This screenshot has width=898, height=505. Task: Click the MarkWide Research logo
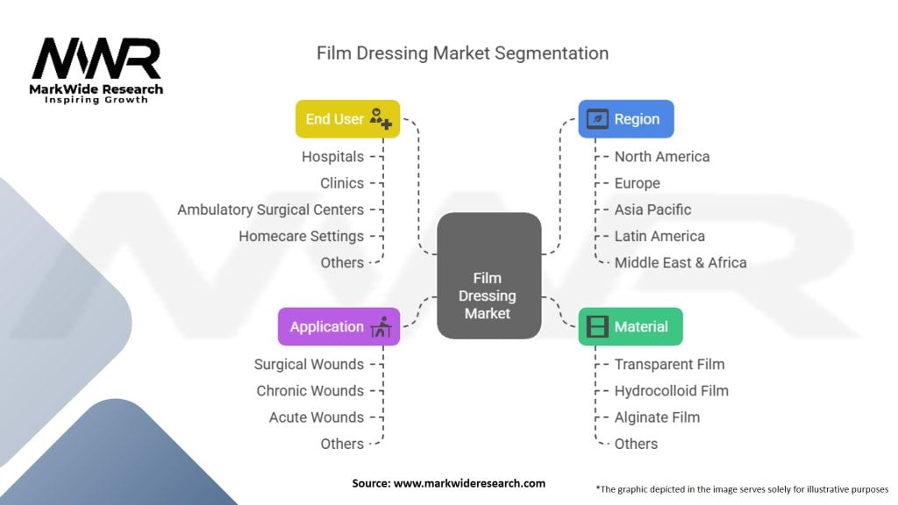[96, 70]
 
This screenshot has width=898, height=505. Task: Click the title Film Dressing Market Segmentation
[462, 53]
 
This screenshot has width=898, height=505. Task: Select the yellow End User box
[347, 119]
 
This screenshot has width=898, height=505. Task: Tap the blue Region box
[625, 119]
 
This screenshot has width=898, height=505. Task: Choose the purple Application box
[339, 327]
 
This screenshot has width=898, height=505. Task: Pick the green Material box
[630, 327]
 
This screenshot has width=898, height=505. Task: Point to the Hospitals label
[332, 157]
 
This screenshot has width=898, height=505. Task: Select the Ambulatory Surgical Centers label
[270, 210]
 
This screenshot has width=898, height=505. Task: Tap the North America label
[662, 157]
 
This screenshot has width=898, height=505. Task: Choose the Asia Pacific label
[652, 210]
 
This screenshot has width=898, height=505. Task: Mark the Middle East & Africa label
[681, 262]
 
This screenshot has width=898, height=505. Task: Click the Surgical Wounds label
[309, 364]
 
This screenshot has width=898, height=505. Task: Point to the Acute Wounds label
[316, 417]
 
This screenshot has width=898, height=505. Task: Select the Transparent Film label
[669, 364]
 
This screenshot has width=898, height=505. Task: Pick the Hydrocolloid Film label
[671, 391]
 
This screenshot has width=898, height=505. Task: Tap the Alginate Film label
[657, 417]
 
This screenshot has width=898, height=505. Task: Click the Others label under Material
[636, 444]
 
